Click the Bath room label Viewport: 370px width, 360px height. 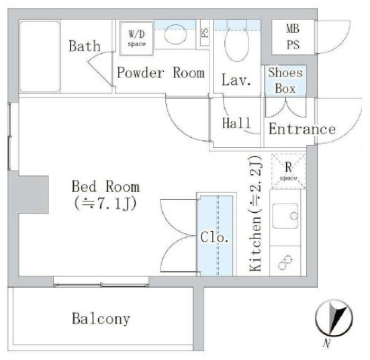tap(85, 46)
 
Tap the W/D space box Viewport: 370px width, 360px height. tap(136, 38)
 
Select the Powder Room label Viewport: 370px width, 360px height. tap(160, 73)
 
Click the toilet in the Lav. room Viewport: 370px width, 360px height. tap(237, 42)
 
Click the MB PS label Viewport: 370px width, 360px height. tap(293, 37)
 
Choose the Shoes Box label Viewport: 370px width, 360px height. tap(285, 81)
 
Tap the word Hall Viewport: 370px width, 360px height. tap(236, 123)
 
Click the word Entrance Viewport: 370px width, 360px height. tap(302, 129)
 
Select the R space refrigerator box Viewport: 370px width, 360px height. tap(288, 171)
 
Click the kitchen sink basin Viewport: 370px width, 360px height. tap(285, 216)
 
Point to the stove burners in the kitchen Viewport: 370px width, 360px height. tap(285, 263)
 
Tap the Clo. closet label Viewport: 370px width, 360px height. tap(214, 237)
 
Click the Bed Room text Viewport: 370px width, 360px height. tap(105, 187)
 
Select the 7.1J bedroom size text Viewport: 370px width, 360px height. tap(105, 204)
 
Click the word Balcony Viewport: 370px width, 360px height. tap(101, 319)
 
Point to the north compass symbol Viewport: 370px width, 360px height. tap(334, 318)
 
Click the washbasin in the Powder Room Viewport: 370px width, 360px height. tap(175, 34)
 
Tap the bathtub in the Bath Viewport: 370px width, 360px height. tap(40, 56)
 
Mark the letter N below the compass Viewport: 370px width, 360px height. tap(326, 343)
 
